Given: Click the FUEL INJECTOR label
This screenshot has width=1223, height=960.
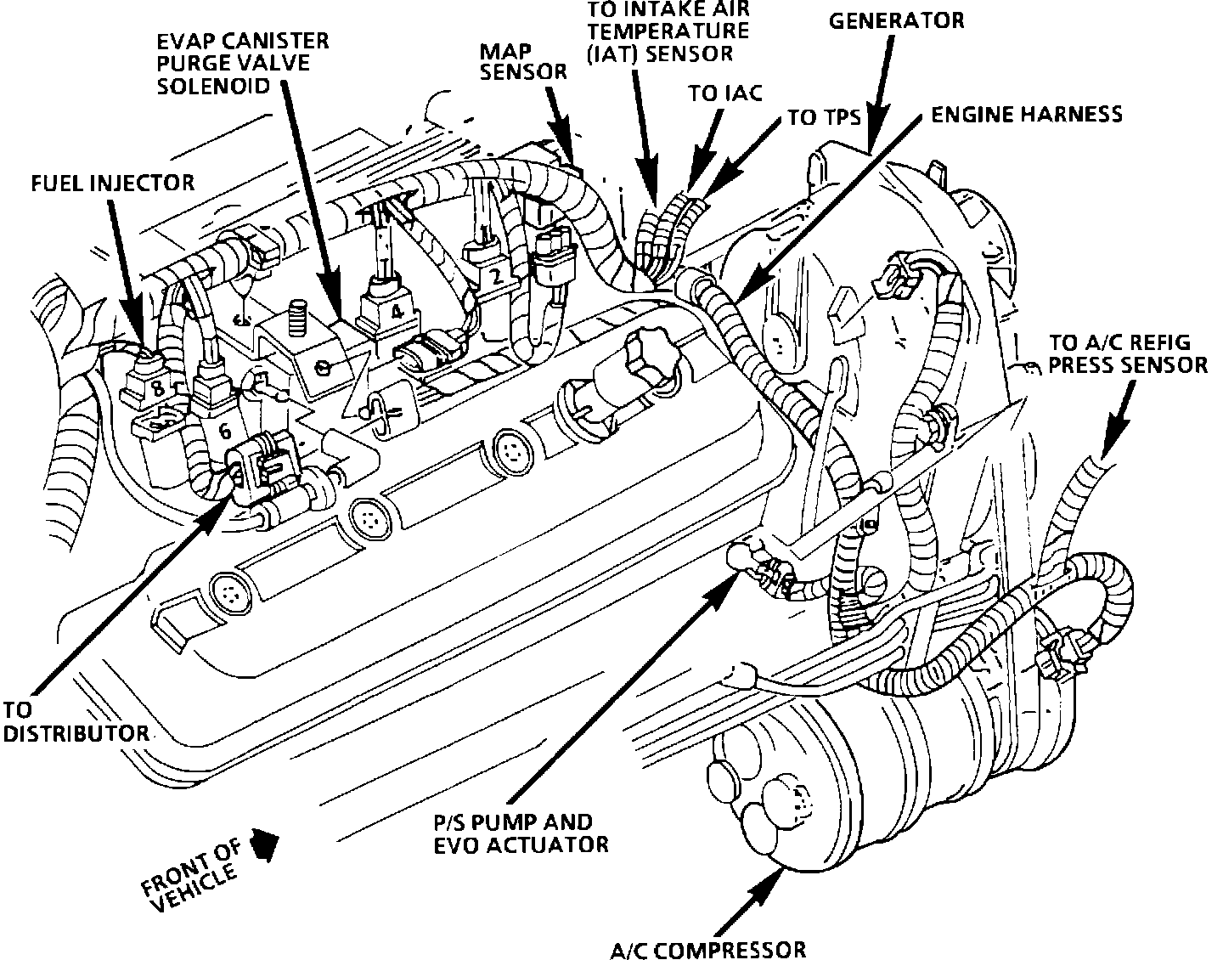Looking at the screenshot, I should pyautogui.click(x=113, y=182).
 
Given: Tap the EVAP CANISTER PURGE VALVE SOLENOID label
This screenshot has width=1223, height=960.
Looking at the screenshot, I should pyautogui.click(x=243, y=64).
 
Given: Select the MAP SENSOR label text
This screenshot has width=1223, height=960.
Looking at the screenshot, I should pyautogui.click(x=523, y=61).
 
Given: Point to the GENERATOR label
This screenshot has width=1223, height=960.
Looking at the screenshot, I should pyautogui.click(x=896, y=20).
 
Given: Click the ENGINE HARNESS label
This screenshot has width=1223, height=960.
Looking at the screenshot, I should pyautogui.click(x=1027, y=114).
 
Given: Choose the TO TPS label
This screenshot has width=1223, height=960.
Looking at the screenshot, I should pyautogui.click(x=824, y=116).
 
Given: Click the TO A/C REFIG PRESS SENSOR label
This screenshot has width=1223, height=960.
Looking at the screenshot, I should pyautogui.click(x=1128, y=353).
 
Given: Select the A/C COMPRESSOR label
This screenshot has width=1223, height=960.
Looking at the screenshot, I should pyautogui.click(x=707, y=949).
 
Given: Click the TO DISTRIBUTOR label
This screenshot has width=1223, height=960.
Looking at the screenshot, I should pyautogui.click(x=75, y=720).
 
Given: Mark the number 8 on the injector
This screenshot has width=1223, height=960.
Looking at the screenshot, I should pyautogui.click(x=158, y=389).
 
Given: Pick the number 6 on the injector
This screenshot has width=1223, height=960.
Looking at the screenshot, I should pyautogui.click(x=224, y=431).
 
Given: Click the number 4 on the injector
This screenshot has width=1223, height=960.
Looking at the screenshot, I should pyautogui.click(x=397, y=311).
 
